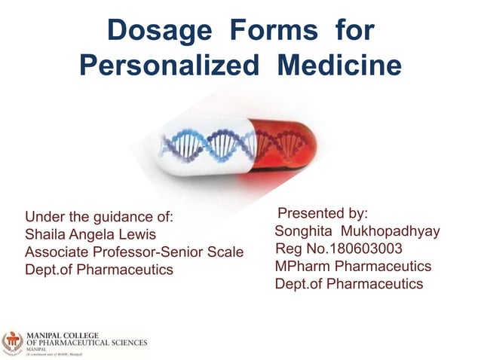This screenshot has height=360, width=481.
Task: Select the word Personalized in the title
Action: pos(170,66)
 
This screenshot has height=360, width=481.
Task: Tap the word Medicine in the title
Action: pos(339,66)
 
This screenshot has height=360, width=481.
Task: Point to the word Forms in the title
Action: pos(280,32)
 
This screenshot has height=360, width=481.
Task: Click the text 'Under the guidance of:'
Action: pos(100,218)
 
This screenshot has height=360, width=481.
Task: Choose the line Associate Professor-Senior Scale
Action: pos(134,252)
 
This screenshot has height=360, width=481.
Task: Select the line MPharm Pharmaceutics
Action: pos(353,266)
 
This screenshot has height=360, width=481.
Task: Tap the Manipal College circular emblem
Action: pos(12,342)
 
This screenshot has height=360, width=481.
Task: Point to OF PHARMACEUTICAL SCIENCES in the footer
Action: pos(87,341)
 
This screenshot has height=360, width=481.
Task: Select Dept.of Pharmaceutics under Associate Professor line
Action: pos(99,270)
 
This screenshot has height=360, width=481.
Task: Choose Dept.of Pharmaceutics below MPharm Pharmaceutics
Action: pos(349,284)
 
